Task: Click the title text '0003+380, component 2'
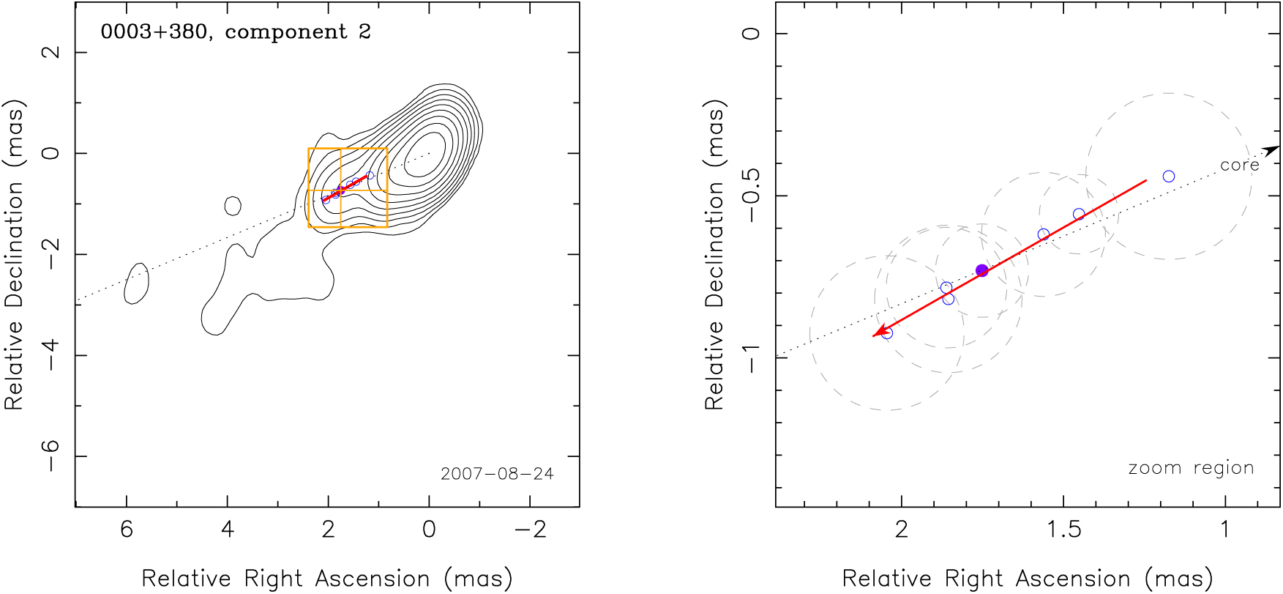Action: (x=236, y=32)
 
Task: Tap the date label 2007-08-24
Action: (x=497, y=474)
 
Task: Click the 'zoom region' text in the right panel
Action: (x=1191, y=468)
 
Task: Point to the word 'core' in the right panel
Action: (x=1239, y=166)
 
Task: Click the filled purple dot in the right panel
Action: (x=982, y=270)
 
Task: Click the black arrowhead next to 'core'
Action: (x=1272, y=150)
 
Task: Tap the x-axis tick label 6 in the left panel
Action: (x=127, y=529)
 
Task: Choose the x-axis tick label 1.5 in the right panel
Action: (x=1063, y=529)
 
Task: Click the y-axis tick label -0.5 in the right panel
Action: (x=752, y=196)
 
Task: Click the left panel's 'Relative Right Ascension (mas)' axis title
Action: (x=327, y=579)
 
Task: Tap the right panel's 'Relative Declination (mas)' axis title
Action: (x=714, y=254)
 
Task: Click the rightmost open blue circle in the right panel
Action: (x=1169, y=177)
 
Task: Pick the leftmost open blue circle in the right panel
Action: (x=887, y=333)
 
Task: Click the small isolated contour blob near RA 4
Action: (x=233, y=206)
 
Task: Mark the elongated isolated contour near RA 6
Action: (x=136, y=283)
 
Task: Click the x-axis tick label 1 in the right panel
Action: (x=1225, y=529)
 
